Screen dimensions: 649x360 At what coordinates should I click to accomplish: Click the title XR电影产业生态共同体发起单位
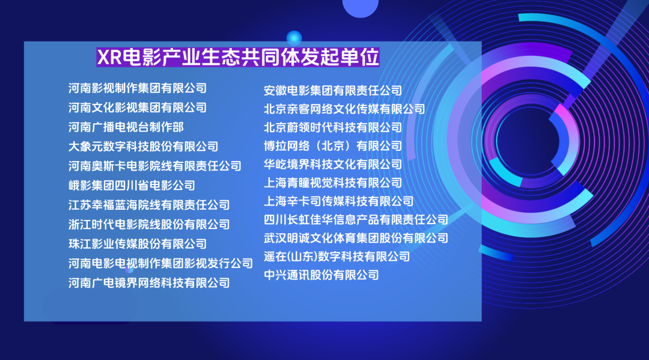[x=238, y=56]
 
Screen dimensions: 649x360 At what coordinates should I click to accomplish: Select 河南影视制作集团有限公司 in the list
[x=138, y=88]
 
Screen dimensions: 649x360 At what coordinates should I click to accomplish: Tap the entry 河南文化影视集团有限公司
[x=138, y=108]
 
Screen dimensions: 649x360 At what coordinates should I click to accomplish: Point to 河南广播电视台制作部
[x=126, y=127]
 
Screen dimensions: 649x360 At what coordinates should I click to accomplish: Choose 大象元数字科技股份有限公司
[x=143, y=147]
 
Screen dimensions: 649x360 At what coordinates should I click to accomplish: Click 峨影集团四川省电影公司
[x=132, y=185]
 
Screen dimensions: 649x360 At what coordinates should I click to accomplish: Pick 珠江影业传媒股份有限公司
[x=138, y=244]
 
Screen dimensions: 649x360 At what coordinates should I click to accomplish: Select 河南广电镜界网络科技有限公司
[x=149, y=283]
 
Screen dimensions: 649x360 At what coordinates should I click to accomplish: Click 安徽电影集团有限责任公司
[x=333, y=90]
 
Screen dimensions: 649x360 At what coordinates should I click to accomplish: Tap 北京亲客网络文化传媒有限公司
[x=344, y=109]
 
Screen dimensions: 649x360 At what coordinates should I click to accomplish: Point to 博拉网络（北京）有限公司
[x=333, y=145]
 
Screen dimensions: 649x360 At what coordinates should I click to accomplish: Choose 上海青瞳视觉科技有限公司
[x=333, y=183]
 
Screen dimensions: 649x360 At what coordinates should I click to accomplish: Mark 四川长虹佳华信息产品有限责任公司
[x=356, y=219]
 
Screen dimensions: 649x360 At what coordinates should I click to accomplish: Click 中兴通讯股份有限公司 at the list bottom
[x=321, y=275]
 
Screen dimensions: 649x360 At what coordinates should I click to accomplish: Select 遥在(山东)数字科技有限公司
[x=337, y=257]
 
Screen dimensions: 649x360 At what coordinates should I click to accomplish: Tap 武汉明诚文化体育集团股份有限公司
[x=356, y=238]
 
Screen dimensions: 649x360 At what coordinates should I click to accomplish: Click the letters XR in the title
[x=109, y=57]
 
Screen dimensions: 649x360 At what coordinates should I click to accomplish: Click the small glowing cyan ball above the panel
[x=294, y=38]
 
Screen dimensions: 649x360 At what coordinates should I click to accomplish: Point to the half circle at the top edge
[x=361, y=7]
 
